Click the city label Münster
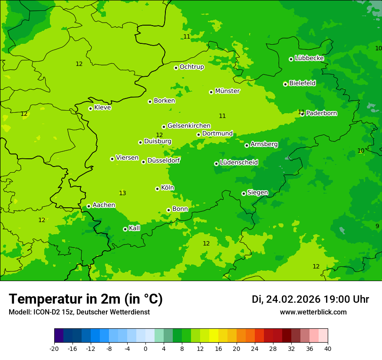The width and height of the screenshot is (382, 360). click(227, 91)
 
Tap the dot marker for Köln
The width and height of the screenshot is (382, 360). click(157, 189)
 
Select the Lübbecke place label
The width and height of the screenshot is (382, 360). click(309, 58)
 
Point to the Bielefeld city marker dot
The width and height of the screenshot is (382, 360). click(285, 84)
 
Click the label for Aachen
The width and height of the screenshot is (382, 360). click(104, 205)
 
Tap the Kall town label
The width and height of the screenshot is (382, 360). click(135, 228)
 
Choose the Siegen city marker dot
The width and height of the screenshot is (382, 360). click(244, 193)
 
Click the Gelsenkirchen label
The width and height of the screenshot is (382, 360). click(189, 126)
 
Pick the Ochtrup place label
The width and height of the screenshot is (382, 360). click(191, 67)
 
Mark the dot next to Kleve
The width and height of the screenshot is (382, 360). click(90, 108)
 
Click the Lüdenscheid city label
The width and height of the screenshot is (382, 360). click(239, 163)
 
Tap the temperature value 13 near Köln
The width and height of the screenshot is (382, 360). click(122, 193)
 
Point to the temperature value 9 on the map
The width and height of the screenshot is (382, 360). click(377, 226)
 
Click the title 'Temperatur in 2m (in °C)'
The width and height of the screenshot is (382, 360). click(86, 299)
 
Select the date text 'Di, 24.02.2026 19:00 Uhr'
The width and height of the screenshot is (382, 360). click(310, 299)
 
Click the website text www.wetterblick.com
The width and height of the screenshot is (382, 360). click(313, 312)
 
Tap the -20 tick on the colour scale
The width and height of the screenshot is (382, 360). click(54, 348)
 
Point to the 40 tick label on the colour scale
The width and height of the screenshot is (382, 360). click(328, 348)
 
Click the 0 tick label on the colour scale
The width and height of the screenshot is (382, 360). click(145, 348)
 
